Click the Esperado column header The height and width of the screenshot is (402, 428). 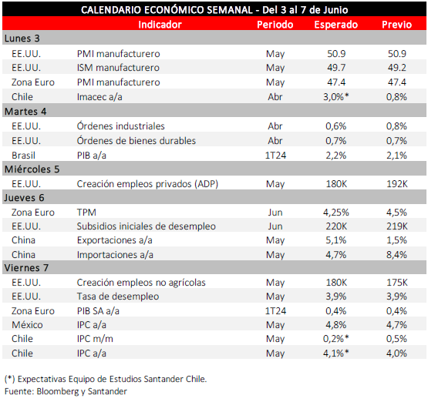(x=335, y=25)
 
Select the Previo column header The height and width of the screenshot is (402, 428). (x=396, y=25)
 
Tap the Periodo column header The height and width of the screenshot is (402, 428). (x=275, y=25)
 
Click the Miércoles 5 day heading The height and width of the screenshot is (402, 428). (x=32, y=169)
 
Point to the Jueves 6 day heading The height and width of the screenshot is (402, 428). (x=24, y=198)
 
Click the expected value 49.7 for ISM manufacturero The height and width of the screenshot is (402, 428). (x=336, y=68)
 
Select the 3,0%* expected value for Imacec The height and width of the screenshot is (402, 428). (x=336, y=97)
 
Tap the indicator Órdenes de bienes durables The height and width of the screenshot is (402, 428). (x=136, y=141)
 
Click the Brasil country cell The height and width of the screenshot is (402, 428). (x=23, y=156)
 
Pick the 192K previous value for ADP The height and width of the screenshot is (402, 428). (x=397, y=184)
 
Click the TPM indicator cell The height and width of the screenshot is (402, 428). (x=86, y=213)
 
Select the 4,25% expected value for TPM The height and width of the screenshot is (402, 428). (x=336, y=213)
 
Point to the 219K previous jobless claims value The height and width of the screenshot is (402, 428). (x=397, y=226)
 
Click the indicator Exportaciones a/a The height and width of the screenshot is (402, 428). (x=115, y=240)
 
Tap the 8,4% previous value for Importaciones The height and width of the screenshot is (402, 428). (x=396, y=255)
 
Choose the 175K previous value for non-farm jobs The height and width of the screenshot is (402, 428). (x=397, y=283)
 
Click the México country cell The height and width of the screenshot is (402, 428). (x=27, y=324)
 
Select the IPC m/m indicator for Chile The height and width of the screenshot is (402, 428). (x=95, y=339)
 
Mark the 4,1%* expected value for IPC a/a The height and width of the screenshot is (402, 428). (x=336, y=353)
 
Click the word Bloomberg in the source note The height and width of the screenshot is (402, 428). (x=58, y=391)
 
